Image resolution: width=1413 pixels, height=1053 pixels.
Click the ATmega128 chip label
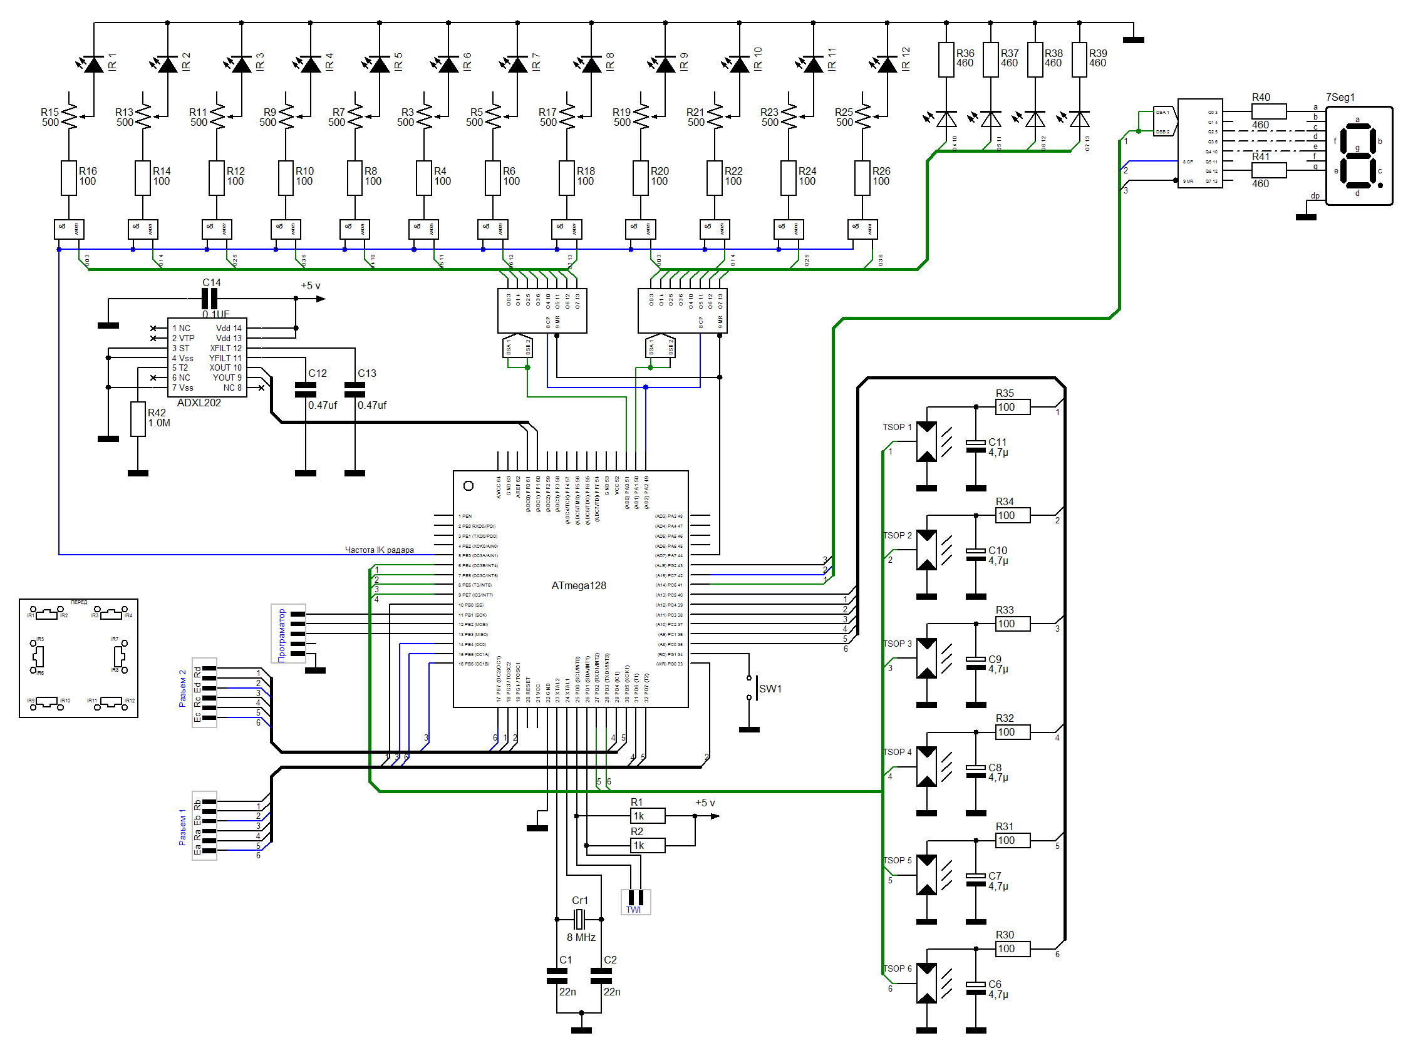[578, 585]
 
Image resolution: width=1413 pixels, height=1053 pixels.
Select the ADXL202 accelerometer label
[199, 403]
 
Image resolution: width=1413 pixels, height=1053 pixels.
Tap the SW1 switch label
[770, 689]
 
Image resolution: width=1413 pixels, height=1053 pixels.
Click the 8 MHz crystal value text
[581, 937]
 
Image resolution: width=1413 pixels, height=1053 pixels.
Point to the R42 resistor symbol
[138, 419]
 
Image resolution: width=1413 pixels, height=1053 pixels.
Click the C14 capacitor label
[212, 282]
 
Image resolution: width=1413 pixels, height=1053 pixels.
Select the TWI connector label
[633, 910]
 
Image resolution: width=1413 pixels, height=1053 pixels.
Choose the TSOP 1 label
[896, 427]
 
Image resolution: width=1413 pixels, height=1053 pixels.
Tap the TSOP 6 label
[896, 968]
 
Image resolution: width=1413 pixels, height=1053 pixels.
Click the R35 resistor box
[1013, 408]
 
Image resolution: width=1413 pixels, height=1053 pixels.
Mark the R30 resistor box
[1013, 948]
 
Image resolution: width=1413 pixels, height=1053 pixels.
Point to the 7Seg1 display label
[1340, 98]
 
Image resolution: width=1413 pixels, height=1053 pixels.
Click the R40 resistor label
[1261, 98]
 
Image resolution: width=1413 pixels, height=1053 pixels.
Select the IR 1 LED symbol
[94, 64]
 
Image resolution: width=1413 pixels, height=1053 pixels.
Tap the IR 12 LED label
[906, 59]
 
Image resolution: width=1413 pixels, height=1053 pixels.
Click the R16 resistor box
[69, 178]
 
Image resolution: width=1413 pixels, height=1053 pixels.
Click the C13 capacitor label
[366, 373]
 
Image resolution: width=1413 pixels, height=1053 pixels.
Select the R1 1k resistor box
[647, 816]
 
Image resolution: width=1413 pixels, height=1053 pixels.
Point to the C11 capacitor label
[997, 442]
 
